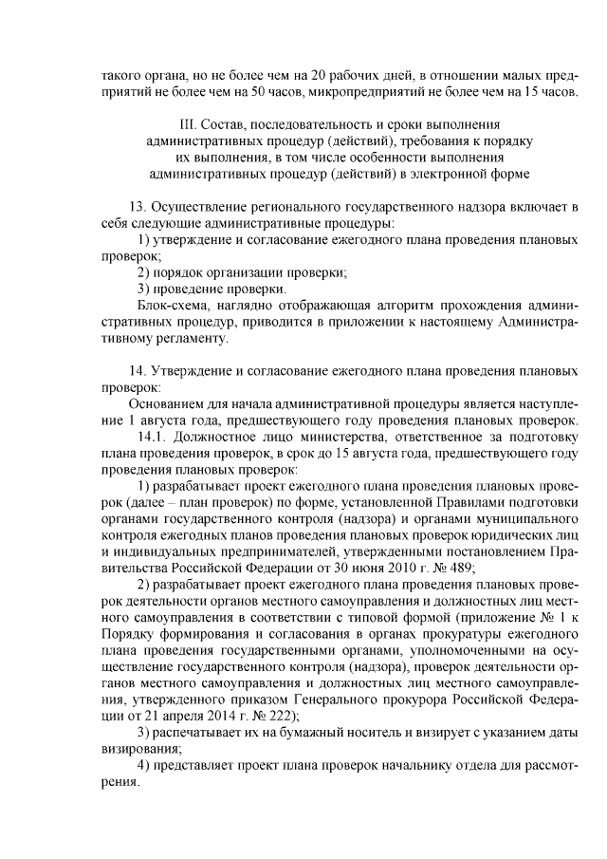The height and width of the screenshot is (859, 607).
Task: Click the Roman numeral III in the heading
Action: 186,125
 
